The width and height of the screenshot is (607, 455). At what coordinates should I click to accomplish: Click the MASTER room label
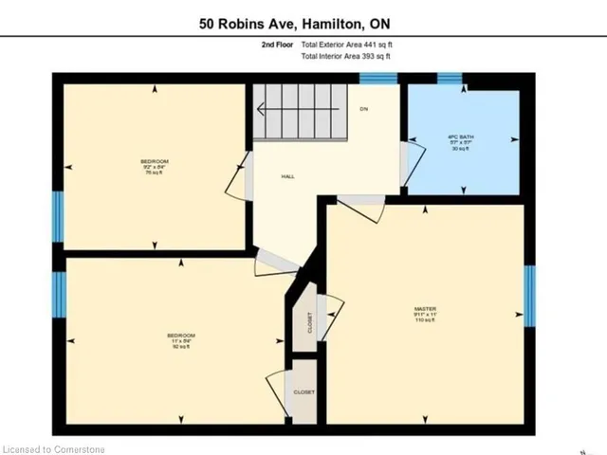pos(424,309)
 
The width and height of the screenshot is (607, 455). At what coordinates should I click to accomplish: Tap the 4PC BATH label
pos(461,139)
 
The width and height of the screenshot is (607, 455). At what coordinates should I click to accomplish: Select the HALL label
pos(287,177)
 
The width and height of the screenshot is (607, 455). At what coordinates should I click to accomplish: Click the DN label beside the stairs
pos(363,109)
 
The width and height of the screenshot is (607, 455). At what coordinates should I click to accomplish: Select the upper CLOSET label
pos(309,323)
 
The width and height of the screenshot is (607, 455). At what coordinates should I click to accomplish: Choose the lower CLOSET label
pos(303,391)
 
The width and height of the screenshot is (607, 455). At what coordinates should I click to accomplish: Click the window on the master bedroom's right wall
pos(529,295)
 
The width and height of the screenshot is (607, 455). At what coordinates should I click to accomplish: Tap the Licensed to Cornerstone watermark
pos(53,448)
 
